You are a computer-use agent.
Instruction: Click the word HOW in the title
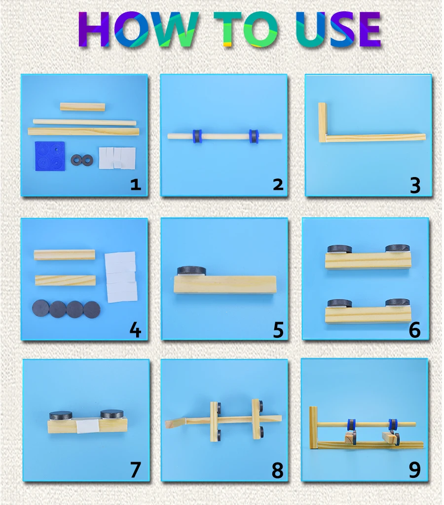(138, 30)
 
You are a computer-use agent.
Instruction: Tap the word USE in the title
(338, 30)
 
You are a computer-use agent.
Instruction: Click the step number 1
(136, 184)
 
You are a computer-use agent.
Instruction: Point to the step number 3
(415, 185)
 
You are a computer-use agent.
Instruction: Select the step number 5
(278, 330)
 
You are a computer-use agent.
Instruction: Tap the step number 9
(415, 470)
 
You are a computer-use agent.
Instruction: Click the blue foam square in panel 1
(50, 156)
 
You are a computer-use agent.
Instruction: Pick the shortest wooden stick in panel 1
(82, 107)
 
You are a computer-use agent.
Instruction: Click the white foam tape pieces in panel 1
(117, 158)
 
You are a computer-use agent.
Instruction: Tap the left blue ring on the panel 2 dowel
(197, 136)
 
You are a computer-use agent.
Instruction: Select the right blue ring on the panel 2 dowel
(254, 136)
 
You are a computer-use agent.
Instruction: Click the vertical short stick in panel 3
(323, 122)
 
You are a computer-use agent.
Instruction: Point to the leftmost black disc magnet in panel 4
(40, 308)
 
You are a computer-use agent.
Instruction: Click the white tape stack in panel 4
(121, 277)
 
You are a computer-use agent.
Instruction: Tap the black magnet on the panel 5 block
(192, 271)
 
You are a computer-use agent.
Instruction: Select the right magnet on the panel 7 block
(112, 414)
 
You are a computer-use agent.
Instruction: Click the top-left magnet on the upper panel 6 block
(339, 249)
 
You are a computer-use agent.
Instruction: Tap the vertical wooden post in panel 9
(313, 428)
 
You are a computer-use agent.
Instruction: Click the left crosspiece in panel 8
(214, 422)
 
